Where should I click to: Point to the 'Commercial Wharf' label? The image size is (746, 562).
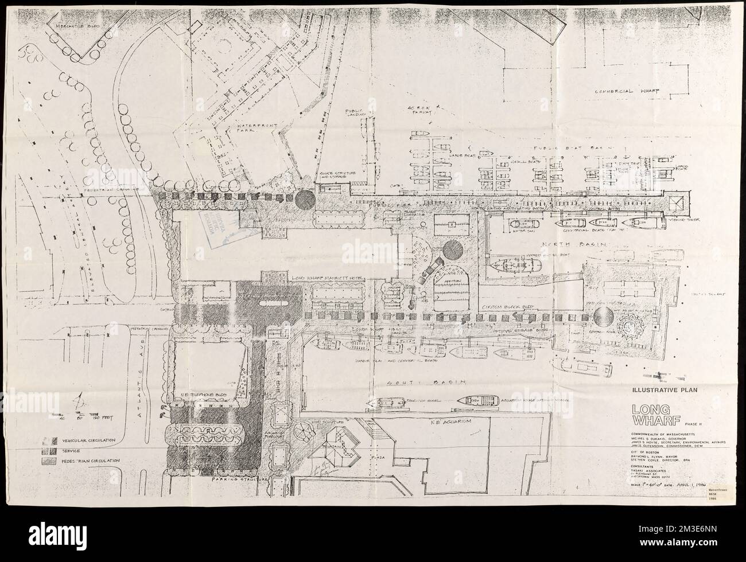pos(626,91)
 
